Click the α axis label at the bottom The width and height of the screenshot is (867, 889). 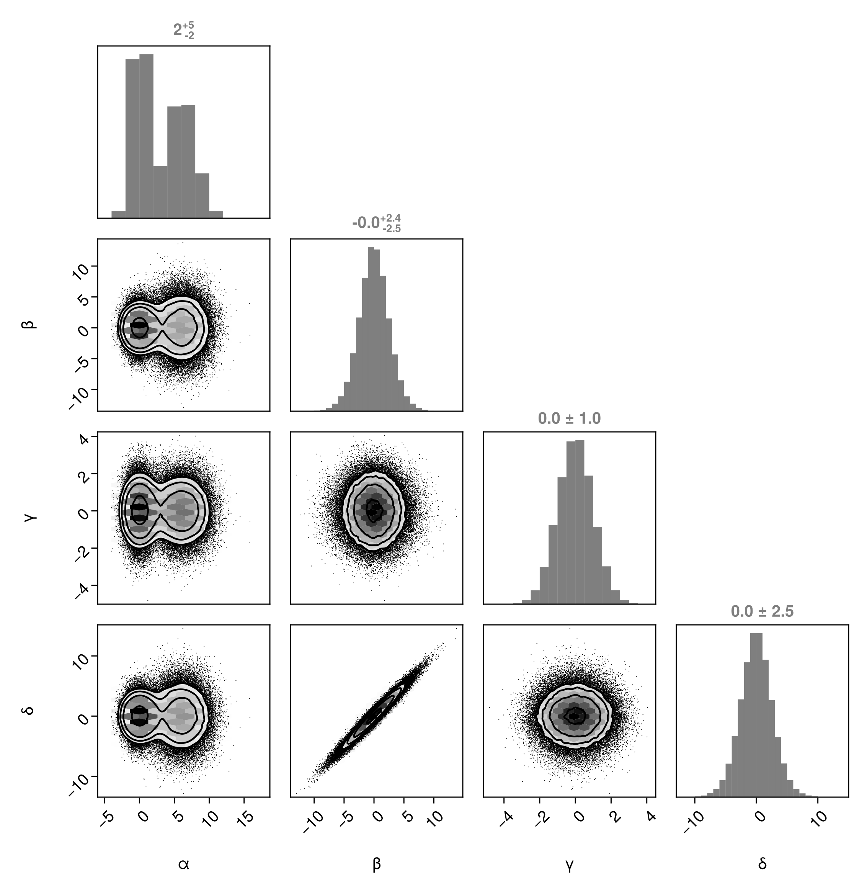point(183,864)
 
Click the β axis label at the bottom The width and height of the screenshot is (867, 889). point(377,864)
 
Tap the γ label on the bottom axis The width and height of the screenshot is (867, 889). point(569,865)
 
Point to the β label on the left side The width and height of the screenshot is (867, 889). point(31,325)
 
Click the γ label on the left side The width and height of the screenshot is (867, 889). point(31,518)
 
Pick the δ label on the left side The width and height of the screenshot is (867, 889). point(31,711)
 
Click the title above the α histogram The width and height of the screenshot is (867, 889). point(183,31)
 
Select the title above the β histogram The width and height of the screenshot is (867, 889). point(377,223)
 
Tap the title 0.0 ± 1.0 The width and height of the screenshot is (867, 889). point(569,418)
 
